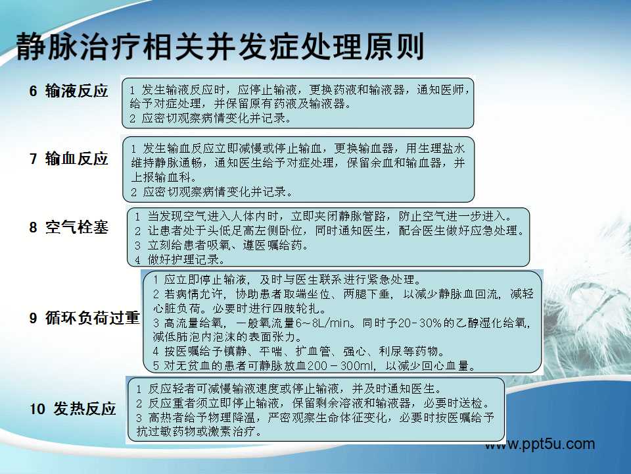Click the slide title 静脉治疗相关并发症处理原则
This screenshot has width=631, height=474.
220,47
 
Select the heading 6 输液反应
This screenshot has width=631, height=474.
68,91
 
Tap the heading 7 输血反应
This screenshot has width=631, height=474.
68,159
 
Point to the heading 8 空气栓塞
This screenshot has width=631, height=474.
68,227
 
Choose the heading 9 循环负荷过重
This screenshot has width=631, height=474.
84,317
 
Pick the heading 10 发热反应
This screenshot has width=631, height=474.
72,409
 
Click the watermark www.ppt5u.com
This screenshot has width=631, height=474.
540,444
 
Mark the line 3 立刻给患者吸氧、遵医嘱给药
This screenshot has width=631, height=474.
221,245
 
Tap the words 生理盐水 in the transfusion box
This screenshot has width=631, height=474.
442,148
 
